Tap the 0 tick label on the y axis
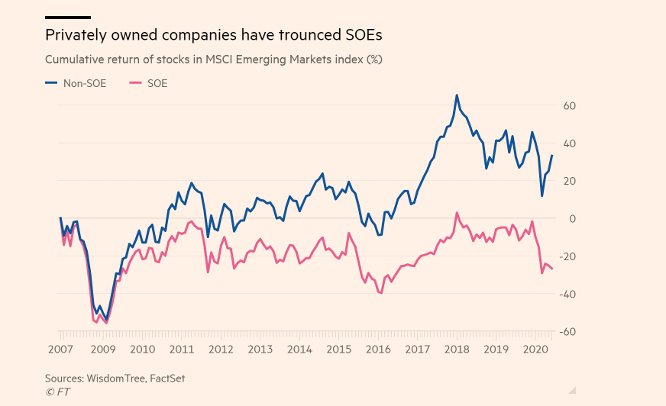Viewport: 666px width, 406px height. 573,219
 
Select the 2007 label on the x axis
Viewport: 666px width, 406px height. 60,350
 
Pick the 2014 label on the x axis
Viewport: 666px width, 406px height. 299,350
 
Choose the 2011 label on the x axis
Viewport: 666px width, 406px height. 181,350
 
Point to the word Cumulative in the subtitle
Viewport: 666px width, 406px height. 76,59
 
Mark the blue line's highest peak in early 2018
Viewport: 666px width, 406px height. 457,95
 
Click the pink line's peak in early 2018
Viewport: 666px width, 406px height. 457,213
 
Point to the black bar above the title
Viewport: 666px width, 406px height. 68,17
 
